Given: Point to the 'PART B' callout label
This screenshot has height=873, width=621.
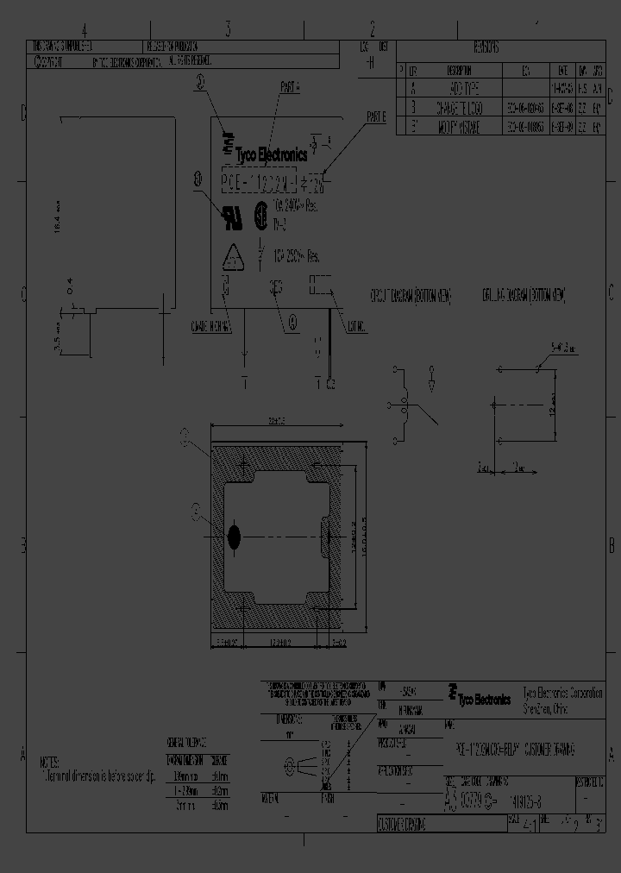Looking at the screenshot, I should pyautogui.click(x=376, y=116).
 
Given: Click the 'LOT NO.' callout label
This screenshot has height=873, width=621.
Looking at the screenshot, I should pyautogui.click(x=356, y=326).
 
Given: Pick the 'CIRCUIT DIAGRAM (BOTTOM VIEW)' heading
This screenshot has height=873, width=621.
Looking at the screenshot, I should pyautogui.click(x=411, y=295).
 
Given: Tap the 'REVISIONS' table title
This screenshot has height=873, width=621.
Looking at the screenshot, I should pyautogui.click(x=486, y=49).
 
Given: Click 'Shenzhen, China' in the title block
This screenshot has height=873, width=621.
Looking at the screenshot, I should pyautogui.click(x=545, y=707).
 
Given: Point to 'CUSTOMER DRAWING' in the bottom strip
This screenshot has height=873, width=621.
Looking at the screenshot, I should pyautogui.click(x=401, y=826).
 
